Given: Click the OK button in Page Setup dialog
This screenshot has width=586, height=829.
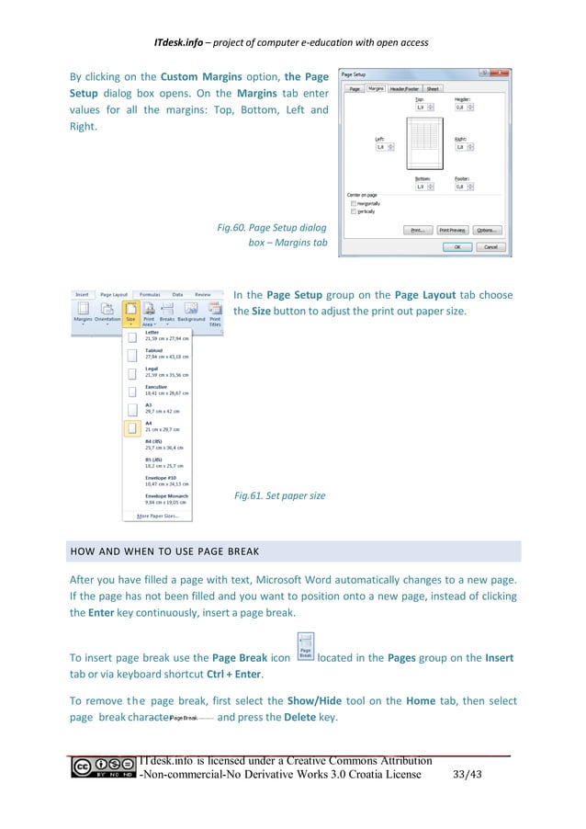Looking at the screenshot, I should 456,247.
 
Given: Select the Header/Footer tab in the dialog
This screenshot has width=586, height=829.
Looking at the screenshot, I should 403,88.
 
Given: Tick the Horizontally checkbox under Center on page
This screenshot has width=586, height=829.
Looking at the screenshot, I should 353,203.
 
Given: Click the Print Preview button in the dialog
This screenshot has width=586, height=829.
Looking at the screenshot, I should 453,230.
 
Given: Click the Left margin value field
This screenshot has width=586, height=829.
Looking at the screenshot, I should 380,146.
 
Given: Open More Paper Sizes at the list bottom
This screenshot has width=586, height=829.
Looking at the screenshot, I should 163,517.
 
